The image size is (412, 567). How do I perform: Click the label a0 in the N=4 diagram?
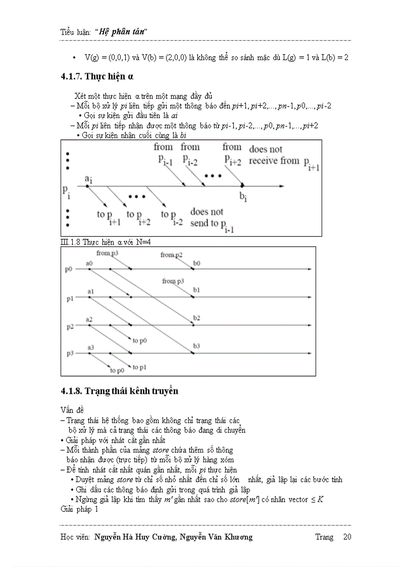click(89, 263)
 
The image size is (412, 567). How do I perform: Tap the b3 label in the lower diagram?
click(196, 346)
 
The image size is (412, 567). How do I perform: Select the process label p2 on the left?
click(70, 327)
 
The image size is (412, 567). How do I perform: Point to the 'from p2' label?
click(171, 255)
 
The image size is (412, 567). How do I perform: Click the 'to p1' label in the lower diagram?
click(139, 367)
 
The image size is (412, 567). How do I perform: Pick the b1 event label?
click(196, 290)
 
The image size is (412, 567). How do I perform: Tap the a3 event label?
click(90, 347)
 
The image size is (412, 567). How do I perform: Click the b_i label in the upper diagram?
click(243, 197)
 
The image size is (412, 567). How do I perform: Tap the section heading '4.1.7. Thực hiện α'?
click(96, 76)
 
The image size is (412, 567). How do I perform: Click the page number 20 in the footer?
click(347, 537)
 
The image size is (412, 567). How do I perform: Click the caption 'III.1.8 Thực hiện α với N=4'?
click(106, 242)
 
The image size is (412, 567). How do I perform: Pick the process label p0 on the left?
click(69, 269)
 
